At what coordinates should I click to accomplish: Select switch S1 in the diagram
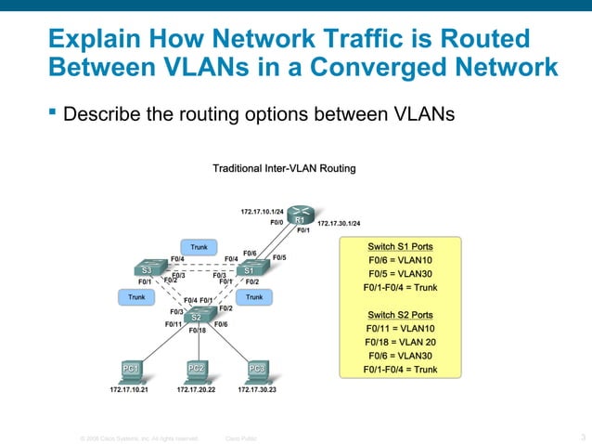pyautogui.click(x=249, y=269)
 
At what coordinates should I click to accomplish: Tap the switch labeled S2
pyautogui.click(x=197, y=317)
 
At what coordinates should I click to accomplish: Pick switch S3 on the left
pyautogui.click(x=147, y=269)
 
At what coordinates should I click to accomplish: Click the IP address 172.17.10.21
pyautogui.click(x=123, y=390)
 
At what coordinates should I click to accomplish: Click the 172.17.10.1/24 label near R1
pyautogui.click(x=262, y=212)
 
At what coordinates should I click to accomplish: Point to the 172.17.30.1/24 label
pyautogui.click(x=339, y=224)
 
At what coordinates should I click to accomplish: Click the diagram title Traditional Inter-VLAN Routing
pyautogui.click(x=284, y=168)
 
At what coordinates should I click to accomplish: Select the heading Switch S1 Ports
pyautogui.click(x=400, y=246)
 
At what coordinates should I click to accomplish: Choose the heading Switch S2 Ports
pyautogui.click(x=400, y=315)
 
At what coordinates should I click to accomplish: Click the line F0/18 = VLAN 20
pyautogui.click(x=400, y=342)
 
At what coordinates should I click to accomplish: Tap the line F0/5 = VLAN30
pyautogui.click(x=400, y=274)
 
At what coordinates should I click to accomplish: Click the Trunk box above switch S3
pyautogui.click(x=199, y=247)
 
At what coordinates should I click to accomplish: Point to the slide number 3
pyautogui.click(x=582, y=437)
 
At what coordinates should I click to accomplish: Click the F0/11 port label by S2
pyautogui.click(x=174, y=324)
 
